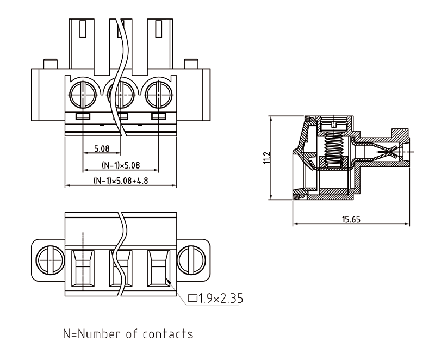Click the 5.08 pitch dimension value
point(102,148)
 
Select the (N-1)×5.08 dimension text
point(121,164)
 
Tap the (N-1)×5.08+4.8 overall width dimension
point(121,180)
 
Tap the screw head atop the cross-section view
point(333,125)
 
